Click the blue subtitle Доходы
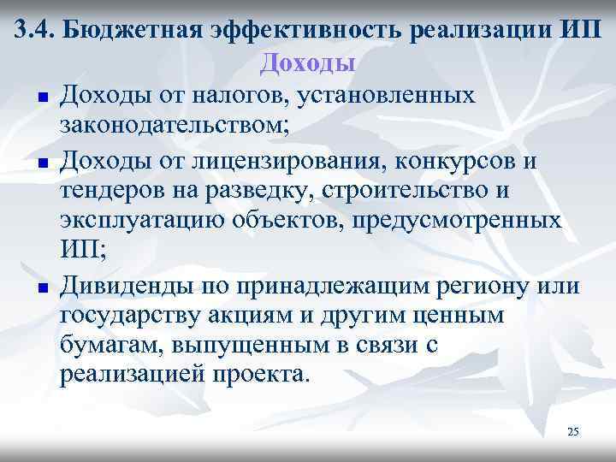tap(308, 62)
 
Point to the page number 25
tap(573, 433)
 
